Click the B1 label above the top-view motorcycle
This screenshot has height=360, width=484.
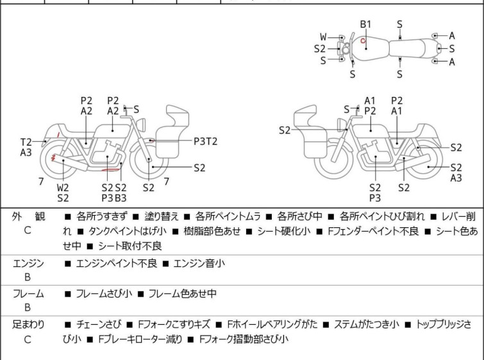(365, 24)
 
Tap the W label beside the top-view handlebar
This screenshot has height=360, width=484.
(323, 37)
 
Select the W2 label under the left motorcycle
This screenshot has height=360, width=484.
(63, 187)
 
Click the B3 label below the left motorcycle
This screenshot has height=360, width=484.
(121, 198)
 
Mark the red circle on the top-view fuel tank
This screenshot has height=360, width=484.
(363, 44)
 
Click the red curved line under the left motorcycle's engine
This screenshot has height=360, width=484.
(112, 170)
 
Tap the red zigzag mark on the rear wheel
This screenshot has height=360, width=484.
(54, 158)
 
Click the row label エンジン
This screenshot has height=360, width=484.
(28, 263)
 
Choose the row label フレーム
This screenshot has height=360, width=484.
(28, 294)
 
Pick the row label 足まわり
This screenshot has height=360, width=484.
(28, 325)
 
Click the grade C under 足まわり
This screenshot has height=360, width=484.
(28, 339)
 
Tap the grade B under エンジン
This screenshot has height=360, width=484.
(28, 278)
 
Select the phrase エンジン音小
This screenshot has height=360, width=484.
(199, 263)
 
